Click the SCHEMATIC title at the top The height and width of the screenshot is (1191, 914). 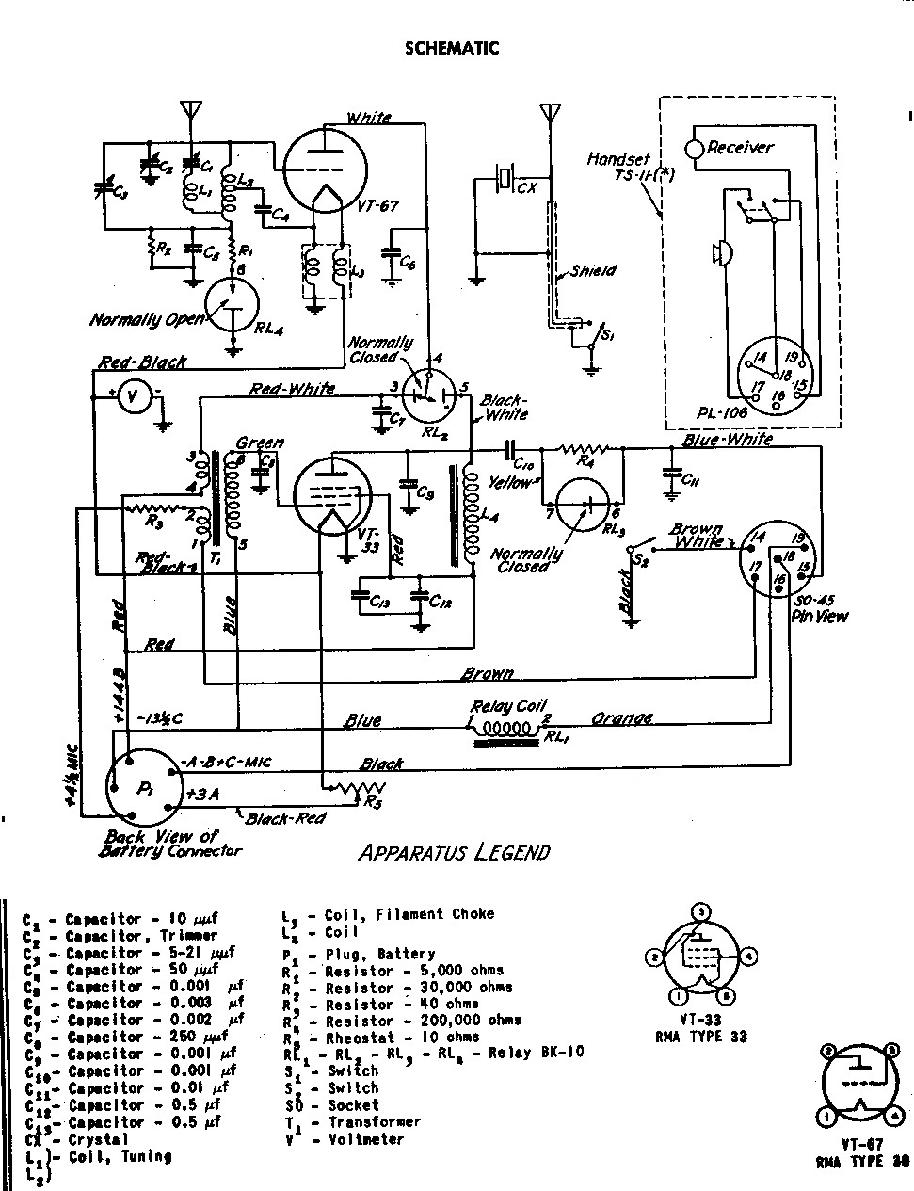[452, 48]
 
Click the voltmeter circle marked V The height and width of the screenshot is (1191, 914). [133, 398]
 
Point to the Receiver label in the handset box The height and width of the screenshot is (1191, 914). [740, 147]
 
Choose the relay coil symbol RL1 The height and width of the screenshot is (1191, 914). [505, 729]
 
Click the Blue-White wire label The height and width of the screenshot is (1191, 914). [727, 440]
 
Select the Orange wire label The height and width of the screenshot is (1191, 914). [621, 718]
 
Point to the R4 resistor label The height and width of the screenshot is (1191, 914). [585, 462]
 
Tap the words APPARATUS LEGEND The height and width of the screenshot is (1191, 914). [454, 853]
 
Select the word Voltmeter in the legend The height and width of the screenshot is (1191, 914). [366, 1139]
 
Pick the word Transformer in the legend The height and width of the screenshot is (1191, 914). [374, 1121]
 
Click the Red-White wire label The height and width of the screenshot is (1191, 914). [292, 388]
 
